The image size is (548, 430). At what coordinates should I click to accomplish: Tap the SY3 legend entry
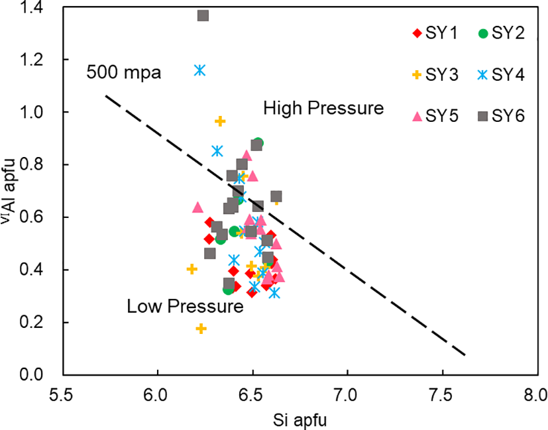[x=435, y=75]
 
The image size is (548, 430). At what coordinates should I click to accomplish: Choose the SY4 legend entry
[x=502, y=75]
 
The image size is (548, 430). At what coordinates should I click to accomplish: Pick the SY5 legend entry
[x=435, y=117]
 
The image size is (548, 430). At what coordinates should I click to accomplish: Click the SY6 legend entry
[x=502, y=117]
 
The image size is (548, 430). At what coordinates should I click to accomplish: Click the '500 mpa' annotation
[x=124, y=72]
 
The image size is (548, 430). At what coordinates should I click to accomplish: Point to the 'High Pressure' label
[x=323, y=108]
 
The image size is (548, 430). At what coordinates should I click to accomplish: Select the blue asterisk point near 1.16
[x=200, y=70]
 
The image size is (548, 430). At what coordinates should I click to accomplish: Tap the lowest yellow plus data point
[x=201, y=329]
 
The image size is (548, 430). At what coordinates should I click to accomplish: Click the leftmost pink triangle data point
[x=197, y=207]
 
